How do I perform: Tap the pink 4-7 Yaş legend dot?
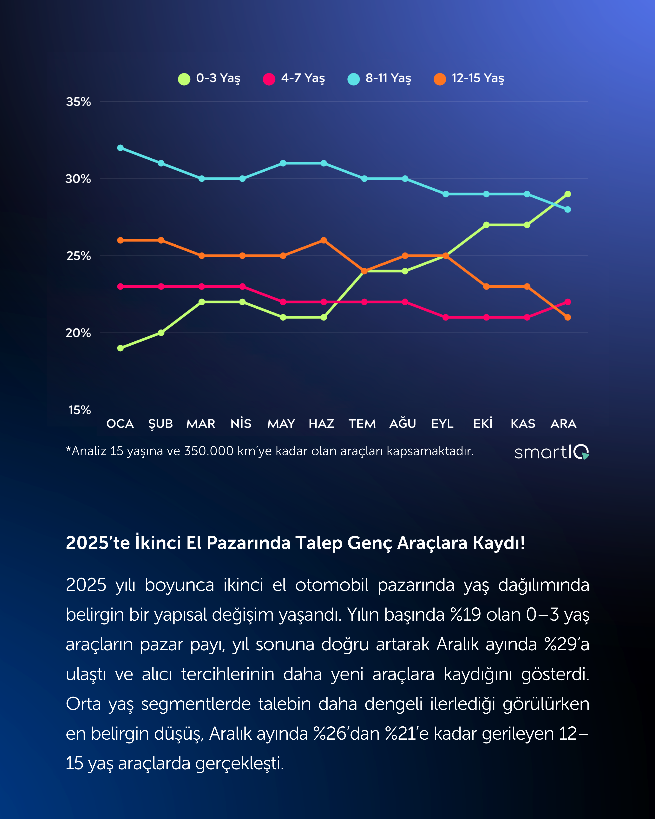tap(269, 79)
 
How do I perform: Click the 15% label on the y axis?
tap(79, 410)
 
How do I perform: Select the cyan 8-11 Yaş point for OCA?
tap(120, 148)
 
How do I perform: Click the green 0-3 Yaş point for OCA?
tap(120, 348)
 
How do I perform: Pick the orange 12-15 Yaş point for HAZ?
tap(324, 240)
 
